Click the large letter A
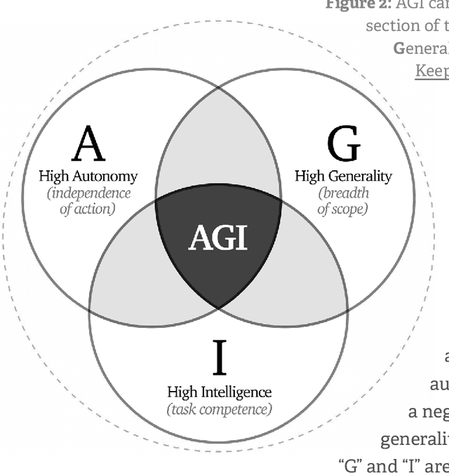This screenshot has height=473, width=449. point(89,144)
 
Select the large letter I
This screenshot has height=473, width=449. point(219,357)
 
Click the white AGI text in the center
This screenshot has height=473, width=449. point(218,239)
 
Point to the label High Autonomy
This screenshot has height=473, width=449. point(88,177)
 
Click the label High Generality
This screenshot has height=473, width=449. point(343,177)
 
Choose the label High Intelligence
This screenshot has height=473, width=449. point(219,392)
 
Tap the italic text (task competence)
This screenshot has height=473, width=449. point(219,409)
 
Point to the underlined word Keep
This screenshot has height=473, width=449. point(431,71)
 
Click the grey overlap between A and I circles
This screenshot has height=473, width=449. point(133,277)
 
